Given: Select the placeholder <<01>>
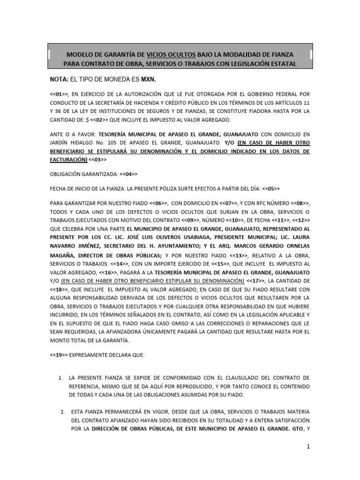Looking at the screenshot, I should (58, 92).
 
